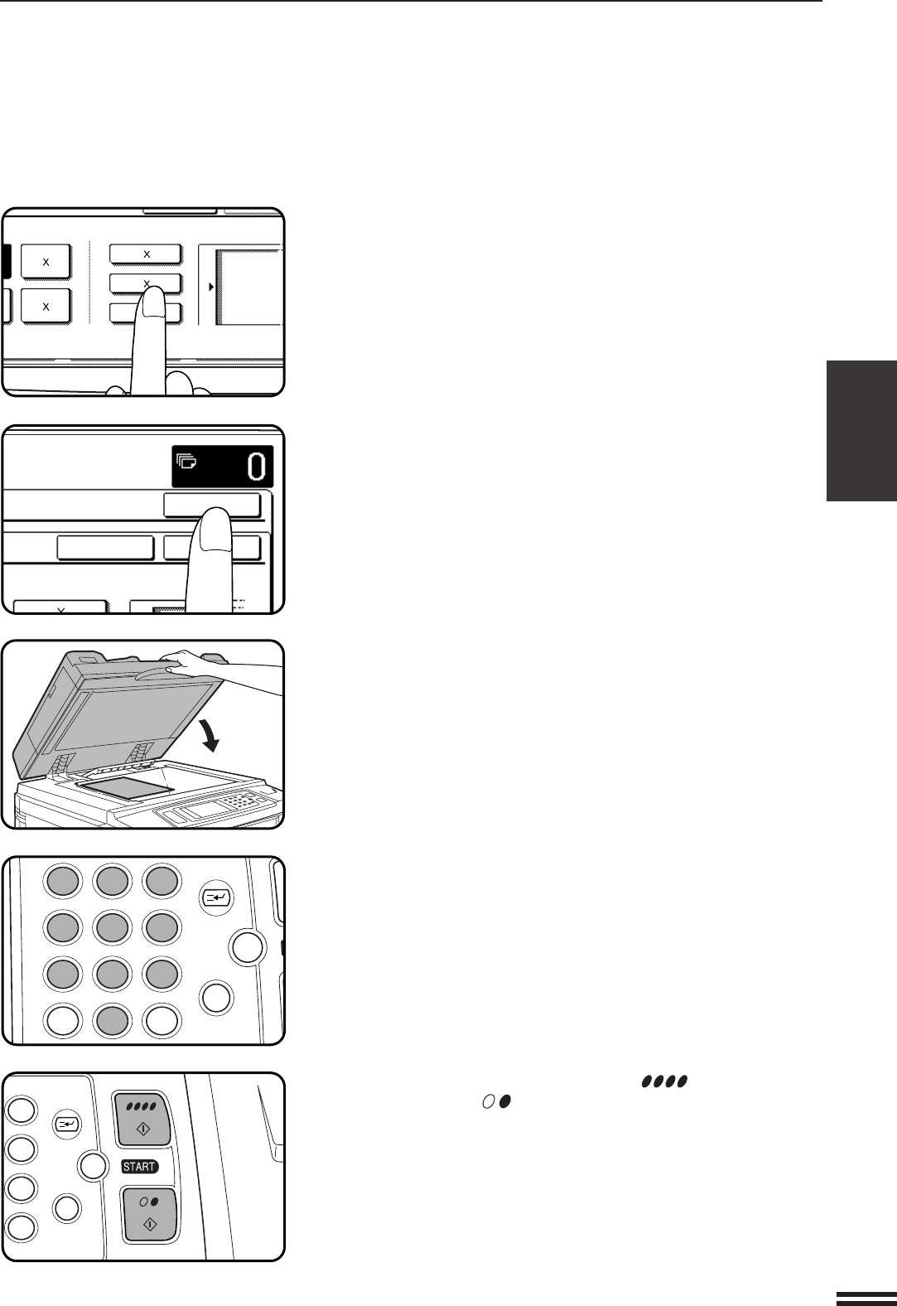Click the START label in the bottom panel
click(x=139, y=1166)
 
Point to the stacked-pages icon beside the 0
click(x=187, y=462)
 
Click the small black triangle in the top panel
click(x=212, y=287)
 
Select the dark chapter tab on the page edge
click(x=861, y=430)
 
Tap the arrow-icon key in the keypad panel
click(x=216, y=896)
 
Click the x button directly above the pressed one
click(x=145, y=253)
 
